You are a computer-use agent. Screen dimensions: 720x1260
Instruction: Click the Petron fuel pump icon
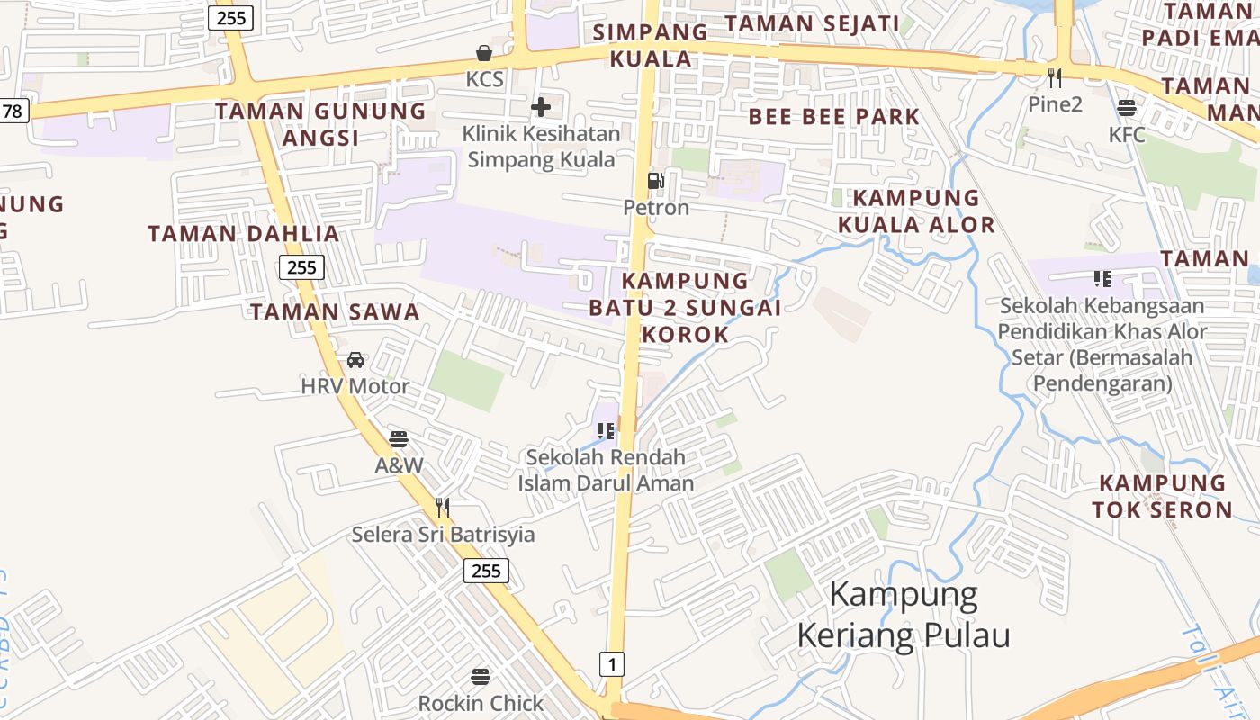pyautogui.click(x=655, y=181)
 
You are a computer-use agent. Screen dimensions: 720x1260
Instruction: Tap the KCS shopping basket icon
pyautogui.click(x=484, y=53)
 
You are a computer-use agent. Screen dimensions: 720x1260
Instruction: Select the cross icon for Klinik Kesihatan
pyautogui.click(x=541, y=107)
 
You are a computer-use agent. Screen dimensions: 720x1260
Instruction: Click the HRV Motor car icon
pyautogui.click(x=355, y=360)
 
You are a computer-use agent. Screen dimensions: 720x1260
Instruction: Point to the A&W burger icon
pyautogui.click(x=399, y=439)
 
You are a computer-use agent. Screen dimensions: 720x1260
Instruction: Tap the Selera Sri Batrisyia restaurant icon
pyautogui.click(x=442, y=508)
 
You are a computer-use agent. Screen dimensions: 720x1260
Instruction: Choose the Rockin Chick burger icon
pyautogui.click(x=481, y=676)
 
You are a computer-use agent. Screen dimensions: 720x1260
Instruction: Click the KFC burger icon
pyautogui.click(x=1127, y=109)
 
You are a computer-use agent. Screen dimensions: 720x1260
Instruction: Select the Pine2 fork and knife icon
pyautogui.click(x=1055, y=78)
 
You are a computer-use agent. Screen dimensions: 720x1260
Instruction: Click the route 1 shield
pyautogui.click(x=611, y=665)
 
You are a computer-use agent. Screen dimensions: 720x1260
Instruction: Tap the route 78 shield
pyautogui.click(x=13, y=111)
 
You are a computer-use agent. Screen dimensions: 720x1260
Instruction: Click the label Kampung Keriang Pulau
pyautogui.click(x=903, y=615)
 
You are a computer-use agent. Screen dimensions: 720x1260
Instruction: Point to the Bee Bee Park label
pyautogui.click(x=834, y=117)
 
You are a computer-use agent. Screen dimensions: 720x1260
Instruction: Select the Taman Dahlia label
pyautogui.click(x=244, y=234)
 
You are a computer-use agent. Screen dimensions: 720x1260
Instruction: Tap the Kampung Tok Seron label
pyautogui.click(x=1162, y=497)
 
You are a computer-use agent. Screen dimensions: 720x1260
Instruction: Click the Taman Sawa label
pyautogui.click(x=335, y=312)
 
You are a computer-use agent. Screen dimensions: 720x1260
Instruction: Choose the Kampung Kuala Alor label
pyautogui.click(x=916, y=211)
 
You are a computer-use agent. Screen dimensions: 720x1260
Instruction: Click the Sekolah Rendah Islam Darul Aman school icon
pyautogui.click(x=606, y=431)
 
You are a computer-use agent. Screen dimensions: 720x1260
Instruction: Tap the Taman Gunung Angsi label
pyautogui.click(x=320, y=124)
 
